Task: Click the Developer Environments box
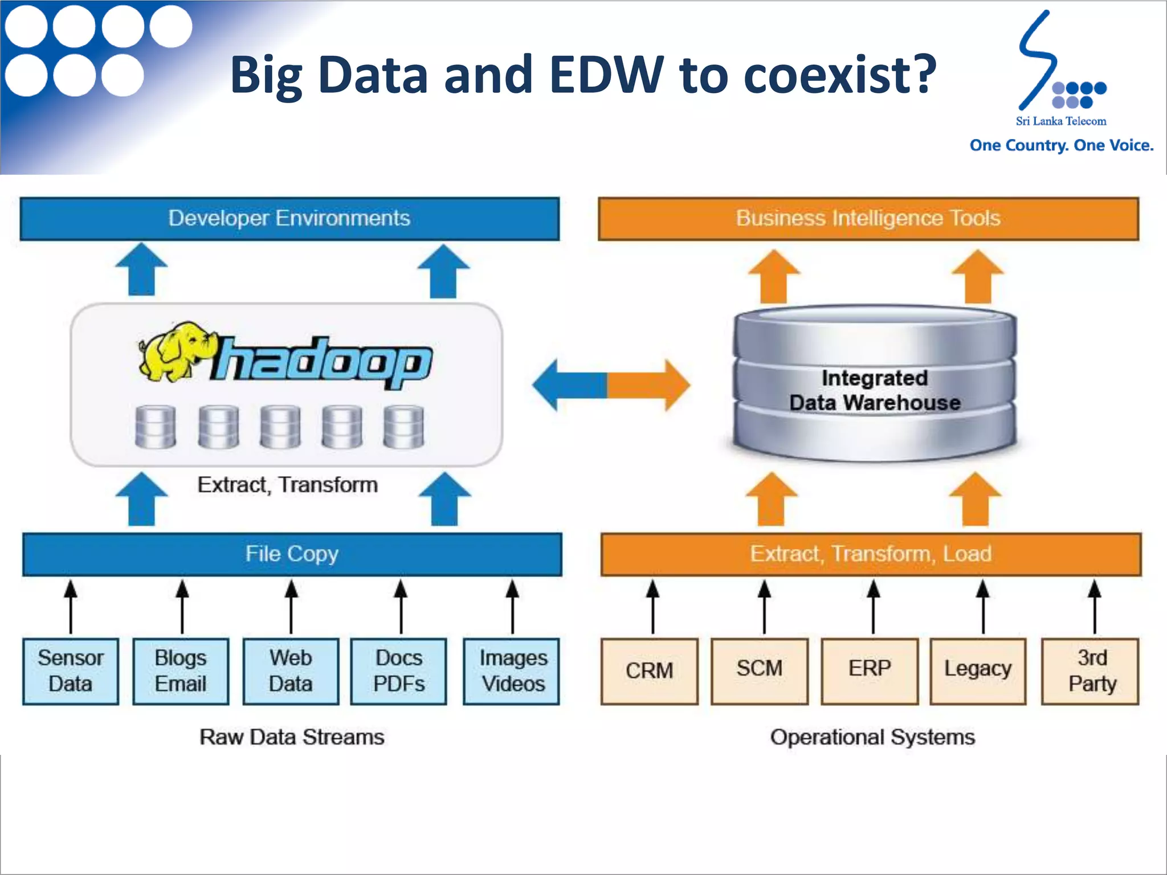(x=289, y=219)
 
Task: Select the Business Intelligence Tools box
(x=868, y=219)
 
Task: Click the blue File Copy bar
(x=292, y=554)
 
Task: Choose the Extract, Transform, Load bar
(x=871, y=554)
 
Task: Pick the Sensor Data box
(x=71, y=671)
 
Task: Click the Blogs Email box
(x=181, y=671)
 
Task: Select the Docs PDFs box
(x=399, y=671)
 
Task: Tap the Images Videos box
(x=512, y=671)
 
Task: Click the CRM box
(x=649, y=671)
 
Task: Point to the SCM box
(x=760, y=671)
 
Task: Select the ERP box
(x=870, y=671)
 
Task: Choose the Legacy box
(x=978, y=671)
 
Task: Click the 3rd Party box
(x=1090, y=671)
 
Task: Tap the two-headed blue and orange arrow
(x=610, y=385)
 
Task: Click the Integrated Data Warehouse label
(x=875, y=391)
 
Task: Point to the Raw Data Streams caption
(x=292, y=737)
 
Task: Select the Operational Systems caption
(x=872, y=737)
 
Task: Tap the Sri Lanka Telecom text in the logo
(x=1060, y=121)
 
